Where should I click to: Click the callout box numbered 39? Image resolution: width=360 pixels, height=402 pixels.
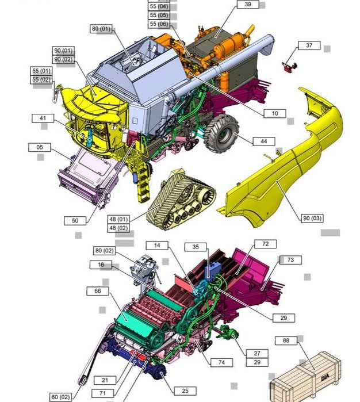[x=248, y=5]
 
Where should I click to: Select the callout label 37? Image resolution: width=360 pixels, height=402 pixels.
[x=309, y=45]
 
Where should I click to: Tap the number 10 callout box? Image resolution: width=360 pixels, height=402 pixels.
[x=274, y=113]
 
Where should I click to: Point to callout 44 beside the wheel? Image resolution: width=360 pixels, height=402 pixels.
[x=263, y=141]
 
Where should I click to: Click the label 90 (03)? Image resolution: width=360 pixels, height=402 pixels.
[x=312, y=218]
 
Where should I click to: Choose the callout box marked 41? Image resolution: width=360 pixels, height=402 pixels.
[x=43, y=118]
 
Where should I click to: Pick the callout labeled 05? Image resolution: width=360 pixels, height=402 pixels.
[x=40, y=147]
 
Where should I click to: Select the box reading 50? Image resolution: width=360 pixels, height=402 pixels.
[x=75, y=220]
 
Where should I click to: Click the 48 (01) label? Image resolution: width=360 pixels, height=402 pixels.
[x=119, y=219]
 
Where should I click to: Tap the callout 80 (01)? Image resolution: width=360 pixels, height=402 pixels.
[x=101, y=29]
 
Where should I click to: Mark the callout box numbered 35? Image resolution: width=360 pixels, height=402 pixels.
[x=196, y=247]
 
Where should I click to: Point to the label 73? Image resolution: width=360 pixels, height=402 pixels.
[x=290, y=260]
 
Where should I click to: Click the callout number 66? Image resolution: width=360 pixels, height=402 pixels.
[x=98, y=291]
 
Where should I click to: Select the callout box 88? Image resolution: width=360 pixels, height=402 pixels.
[x=286, y=340]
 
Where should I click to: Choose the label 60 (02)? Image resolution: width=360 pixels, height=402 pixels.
[x=61, y=397]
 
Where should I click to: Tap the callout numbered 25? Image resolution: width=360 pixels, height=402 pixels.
[x=185, y=391]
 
